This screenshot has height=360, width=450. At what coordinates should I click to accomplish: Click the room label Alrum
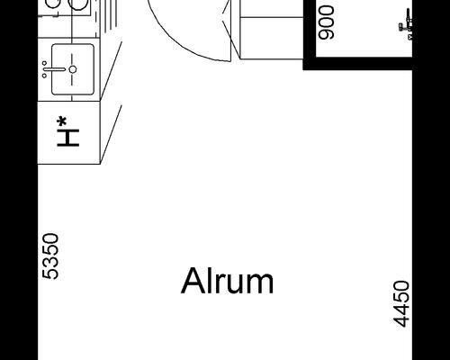tap(228, 281)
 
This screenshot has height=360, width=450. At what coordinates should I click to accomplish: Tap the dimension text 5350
tap(50, 256)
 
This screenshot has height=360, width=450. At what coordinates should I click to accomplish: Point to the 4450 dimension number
tap(401, 303)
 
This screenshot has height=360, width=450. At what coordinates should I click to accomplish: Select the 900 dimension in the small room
tap(326, 22)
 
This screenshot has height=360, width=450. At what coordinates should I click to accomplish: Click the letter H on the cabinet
tap(68, 138)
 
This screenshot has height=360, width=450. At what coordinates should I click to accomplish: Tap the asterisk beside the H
tap(62, 121)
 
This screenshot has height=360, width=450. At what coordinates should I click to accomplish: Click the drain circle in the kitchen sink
tap(73, 69)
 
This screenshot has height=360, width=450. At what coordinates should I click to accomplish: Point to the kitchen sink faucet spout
tap(55, 69)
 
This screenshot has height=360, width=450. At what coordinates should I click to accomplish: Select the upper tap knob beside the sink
tap(44, 63)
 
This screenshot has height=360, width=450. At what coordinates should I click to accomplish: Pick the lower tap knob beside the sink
tap(44, 76)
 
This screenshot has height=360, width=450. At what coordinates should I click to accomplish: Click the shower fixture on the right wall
tap(406, 24)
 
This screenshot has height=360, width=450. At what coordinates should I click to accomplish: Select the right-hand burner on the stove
tap(79, 4)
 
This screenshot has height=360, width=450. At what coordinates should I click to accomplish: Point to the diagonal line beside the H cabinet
tap(111, 134)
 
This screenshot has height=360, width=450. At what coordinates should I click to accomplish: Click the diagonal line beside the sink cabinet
tap(111, 70)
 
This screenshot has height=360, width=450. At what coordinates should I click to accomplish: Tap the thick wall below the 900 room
tap(357, 64)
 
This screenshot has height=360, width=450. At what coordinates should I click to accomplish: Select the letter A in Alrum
tap(190, 281)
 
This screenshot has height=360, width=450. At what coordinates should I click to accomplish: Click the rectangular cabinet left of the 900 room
tap(272, 38)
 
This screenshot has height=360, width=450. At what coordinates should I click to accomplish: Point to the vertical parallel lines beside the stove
tap(111, 14)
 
